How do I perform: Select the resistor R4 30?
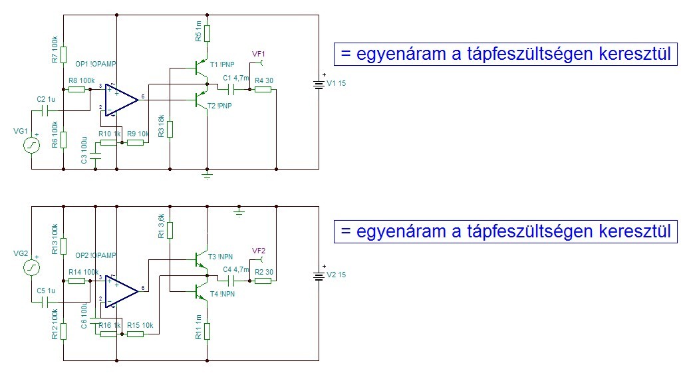pos(263,88)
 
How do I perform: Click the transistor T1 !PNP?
pos(200,68)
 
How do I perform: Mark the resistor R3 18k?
pos(170,128)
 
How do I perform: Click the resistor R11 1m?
pos(207,330)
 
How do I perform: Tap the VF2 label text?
pos(259,250)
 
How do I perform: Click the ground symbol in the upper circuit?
pos(207,176)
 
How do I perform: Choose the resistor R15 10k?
pos(135,333)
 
